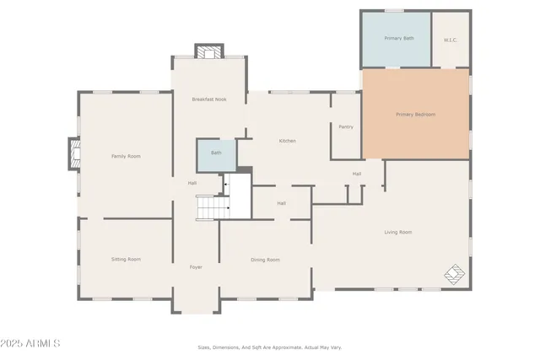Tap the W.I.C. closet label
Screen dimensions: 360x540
click(x=451, y=40)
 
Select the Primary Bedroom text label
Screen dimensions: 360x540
click(x=415, y=115)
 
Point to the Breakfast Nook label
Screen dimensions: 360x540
click(x=208, y=99)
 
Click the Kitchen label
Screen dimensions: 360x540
click(x=287, y=141)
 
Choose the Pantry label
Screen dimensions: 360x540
click(x=345, y=126)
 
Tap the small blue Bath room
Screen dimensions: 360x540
click(x=216, y=153)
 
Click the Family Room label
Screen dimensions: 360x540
click(x=126, y=156)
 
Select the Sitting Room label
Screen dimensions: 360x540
click(x=126, y=259)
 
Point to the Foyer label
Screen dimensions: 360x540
click(x=196, y=267)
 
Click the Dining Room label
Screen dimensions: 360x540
click(x=265, y=260)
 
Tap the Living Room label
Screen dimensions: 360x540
click(x=398, y=232)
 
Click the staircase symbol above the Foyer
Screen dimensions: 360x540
click(x=213, y=206)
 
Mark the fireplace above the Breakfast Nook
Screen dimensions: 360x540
click(x=207, y=51)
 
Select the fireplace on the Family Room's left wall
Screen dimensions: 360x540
click(x=73, y=153)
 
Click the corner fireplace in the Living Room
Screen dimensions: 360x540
click(x=455, y=274)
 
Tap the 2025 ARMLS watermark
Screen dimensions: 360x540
click(x=31, y=344)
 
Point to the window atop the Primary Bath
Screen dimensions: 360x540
click(x=394, y=11)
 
